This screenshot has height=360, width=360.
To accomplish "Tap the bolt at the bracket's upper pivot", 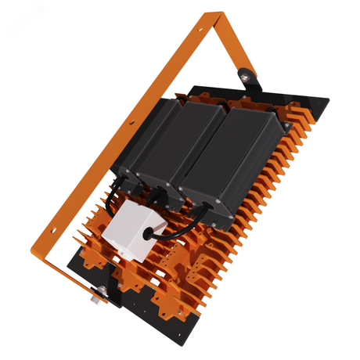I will [x=247, y=76].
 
